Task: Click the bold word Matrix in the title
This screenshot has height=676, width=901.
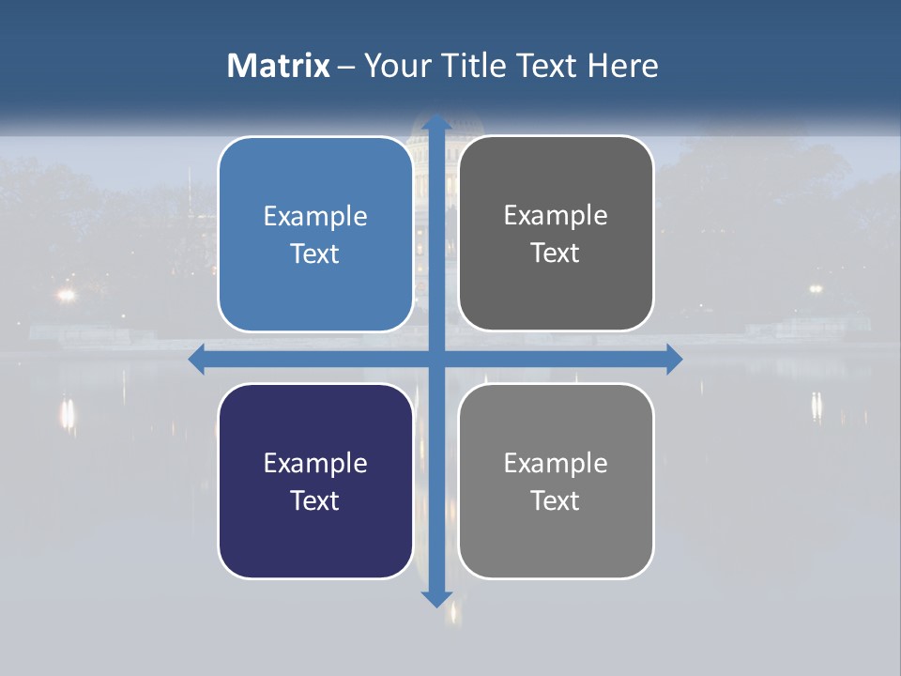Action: [278, 66]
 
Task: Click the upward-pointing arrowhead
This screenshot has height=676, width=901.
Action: [435, 123]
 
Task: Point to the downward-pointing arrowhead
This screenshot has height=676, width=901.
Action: [435, 598]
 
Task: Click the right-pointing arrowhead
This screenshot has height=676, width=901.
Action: [673, 359]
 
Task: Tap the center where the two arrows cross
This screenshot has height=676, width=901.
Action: [435, 359]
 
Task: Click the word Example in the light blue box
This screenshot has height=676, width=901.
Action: [315, 217]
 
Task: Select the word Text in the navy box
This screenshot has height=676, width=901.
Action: [315, 500]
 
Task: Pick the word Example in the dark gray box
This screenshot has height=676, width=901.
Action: [556, 216]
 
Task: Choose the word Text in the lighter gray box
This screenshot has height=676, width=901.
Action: [556, 500]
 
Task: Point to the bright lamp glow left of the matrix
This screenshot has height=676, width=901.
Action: [65, 295]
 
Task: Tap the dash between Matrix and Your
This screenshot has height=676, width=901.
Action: [346, 67]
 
